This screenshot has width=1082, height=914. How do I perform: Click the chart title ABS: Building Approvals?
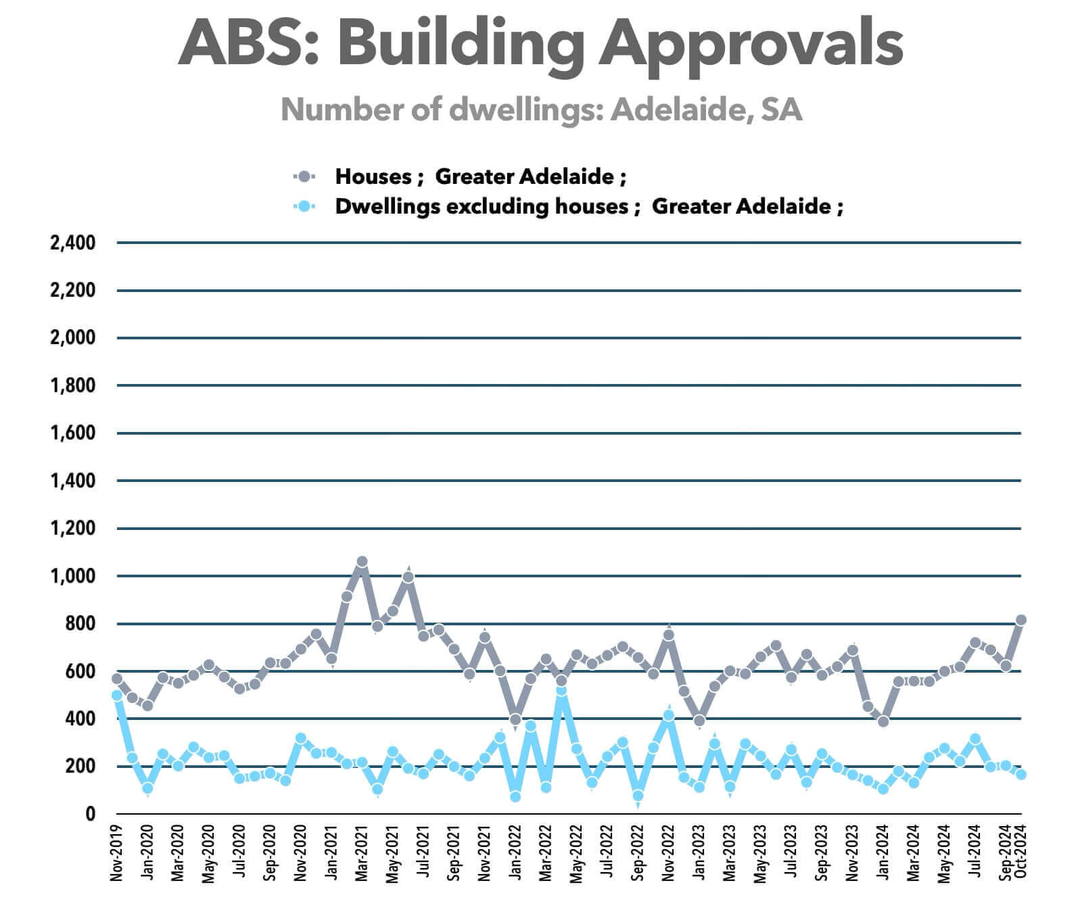(x=540, y=42)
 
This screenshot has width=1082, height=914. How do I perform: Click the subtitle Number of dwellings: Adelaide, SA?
(x=541, y=109)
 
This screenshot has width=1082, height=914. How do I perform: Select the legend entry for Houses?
(x=480, y=176)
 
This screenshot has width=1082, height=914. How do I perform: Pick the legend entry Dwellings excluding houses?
(x=588, y=206)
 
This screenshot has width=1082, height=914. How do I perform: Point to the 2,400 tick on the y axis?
(x=73, y=242)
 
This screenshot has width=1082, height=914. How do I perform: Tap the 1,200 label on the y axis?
(x=73, y=528)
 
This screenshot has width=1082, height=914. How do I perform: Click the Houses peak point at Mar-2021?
(x=362, y=562)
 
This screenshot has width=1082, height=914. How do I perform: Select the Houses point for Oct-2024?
(x=1021, y=620)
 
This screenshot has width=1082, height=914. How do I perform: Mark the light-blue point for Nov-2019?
(x=117, y=695)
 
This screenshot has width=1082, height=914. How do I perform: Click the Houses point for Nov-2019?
(x=117, y=678)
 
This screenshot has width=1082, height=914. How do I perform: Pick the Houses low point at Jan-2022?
(x=515, y=719)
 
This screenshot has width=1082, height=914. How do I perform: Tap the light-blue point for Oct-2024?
(x=1021, y=775)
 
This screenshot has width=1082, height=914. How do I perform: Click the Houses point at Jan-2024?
(x=883, y=721)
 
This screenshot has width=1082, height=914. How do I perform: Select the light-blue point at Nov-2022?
(x=669, y=715)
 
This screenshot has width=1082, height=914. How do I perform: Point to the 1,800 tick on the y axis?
(x=73, y=385)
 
